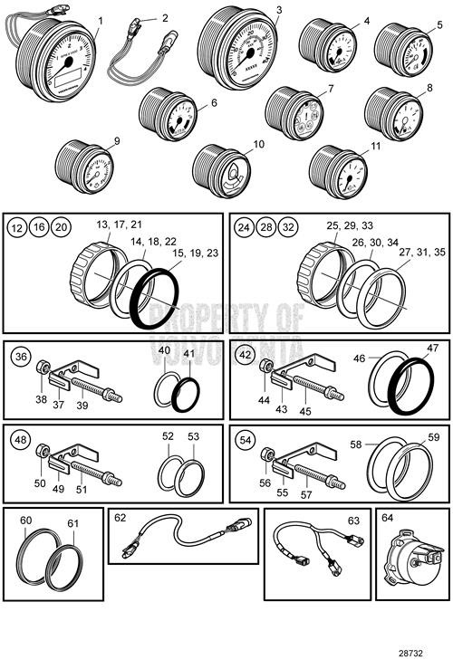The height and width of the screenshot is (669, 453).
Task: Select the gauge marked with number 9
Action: (x=88, y=168)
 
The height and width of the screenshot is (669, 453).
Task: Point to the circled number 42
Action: (x=244, y=356)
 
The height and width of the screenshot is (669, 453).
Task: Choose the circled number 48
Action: (x=20, y=440)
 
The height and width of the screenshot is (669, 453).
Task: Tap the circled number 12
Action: (x=19, y=226)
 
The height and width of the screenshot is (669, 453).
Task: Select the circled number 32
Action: (x=288, y=226)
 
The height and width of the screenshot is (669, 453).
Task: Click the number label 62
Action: (x=120, y=520)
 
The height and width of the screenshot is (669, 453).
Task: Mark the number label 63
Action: (x=353, y=521)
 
